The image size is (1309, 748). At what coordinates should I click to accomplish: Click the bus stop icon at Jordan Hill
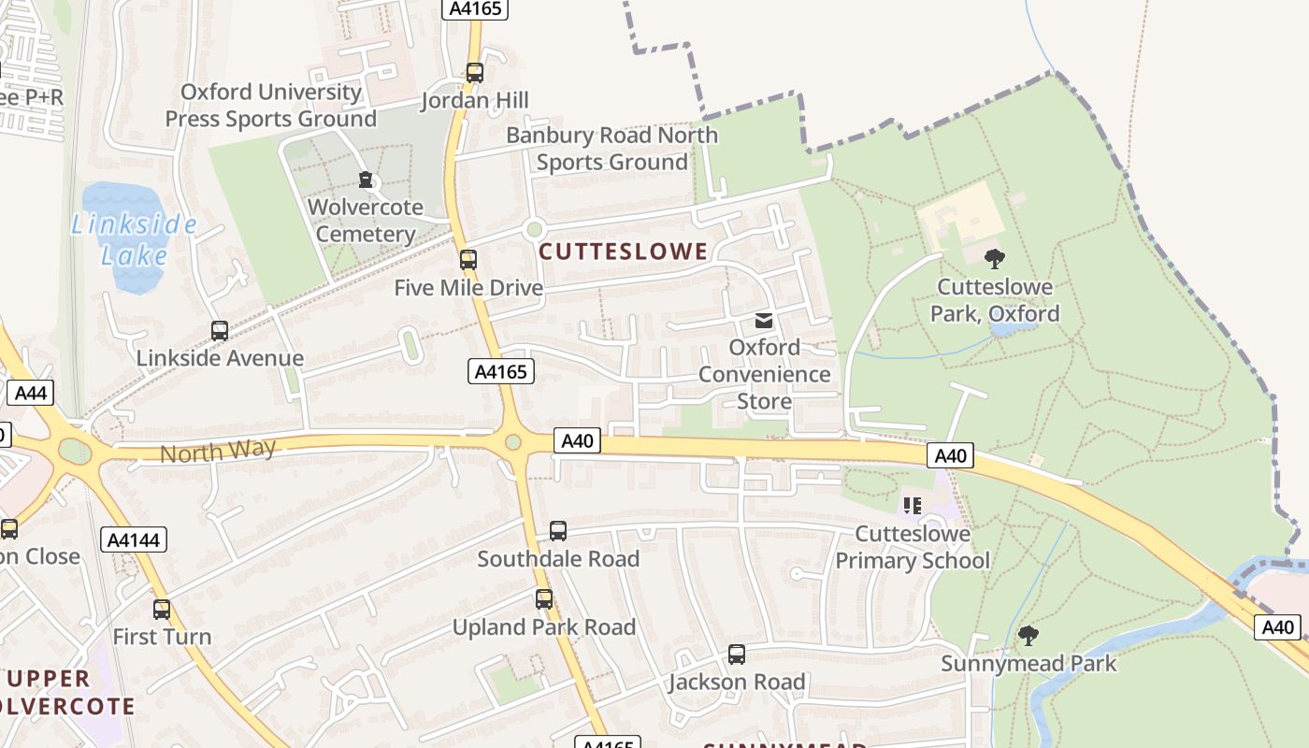point(475,73)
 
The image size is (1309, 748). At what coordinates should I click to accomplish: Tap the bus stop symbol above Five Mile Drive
point(468,260)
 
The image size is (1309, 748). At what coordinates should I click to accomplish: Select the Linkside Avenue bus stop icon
point(220,331)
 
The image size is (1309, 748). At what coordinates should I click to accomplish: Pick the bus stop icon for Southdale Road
point(558,531)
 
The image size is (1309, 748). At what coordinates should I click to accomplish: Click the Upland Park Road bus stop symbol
point(544,599)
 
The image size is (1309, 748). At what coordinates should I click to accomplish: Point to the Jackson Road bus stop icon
point(737,654)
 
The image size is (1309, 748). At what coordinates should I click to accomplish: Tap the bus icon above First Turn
point(162,610)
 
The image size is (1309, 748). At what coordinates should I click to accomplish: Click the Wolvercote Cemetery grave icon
point(366,180)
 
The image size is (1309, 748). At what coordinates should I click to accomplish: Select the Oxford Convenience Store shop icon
point(764,321)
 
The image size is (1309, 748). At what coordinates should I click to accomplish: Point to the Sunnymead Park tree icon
point(1028,637)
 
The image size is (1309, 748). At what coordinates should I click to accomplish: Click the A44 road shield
point(30,393)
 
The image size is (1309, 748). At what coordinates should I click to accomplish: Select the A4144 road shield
point(134,539)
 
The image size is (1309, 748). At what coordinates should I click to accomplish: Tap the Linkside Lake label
point(135,239)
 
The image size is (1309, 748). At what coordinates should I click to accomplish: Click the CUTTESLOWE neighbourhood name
point(624,251)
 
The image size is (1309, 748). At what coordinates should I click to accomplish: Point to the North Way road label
point(218,452)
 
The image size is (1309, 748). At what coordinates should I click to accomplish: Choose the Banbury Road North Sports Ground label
point(612,149)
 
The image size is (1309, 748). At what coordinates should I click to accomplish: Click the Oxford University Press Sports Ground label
point(270,106)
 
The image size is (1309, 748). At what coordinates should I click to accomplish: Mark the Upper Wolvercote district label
point(65,692)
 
